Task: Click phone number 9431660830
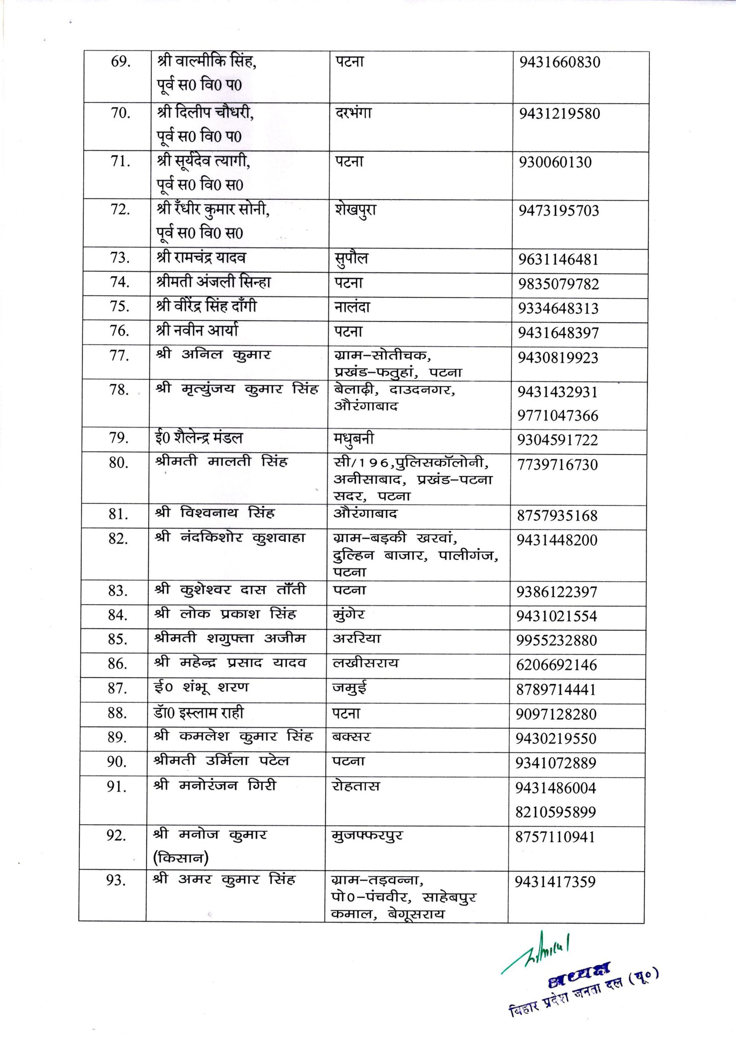[559, 62]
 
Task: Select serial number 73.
[120, 258]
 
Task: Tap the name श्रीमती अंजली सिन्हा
[214, 282]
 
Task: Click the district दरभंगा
[353, 112]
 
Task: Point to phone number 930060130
[555, 162]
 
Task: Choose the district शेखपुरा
[355, 210]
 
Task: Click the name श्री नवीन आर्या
[197, 330]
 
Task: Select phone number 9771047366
[558, 416]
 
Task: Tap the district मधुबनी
[354, 439]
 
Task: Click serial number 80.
[118, 463]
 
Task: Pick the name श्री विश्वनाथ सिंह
[221, 513]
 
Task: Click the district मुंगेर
[349, 614]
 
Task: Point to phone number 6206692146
[556, 665]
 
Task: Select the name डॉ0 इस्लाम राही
[199, 713]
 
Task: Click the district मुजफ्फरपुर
[367, 835]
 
